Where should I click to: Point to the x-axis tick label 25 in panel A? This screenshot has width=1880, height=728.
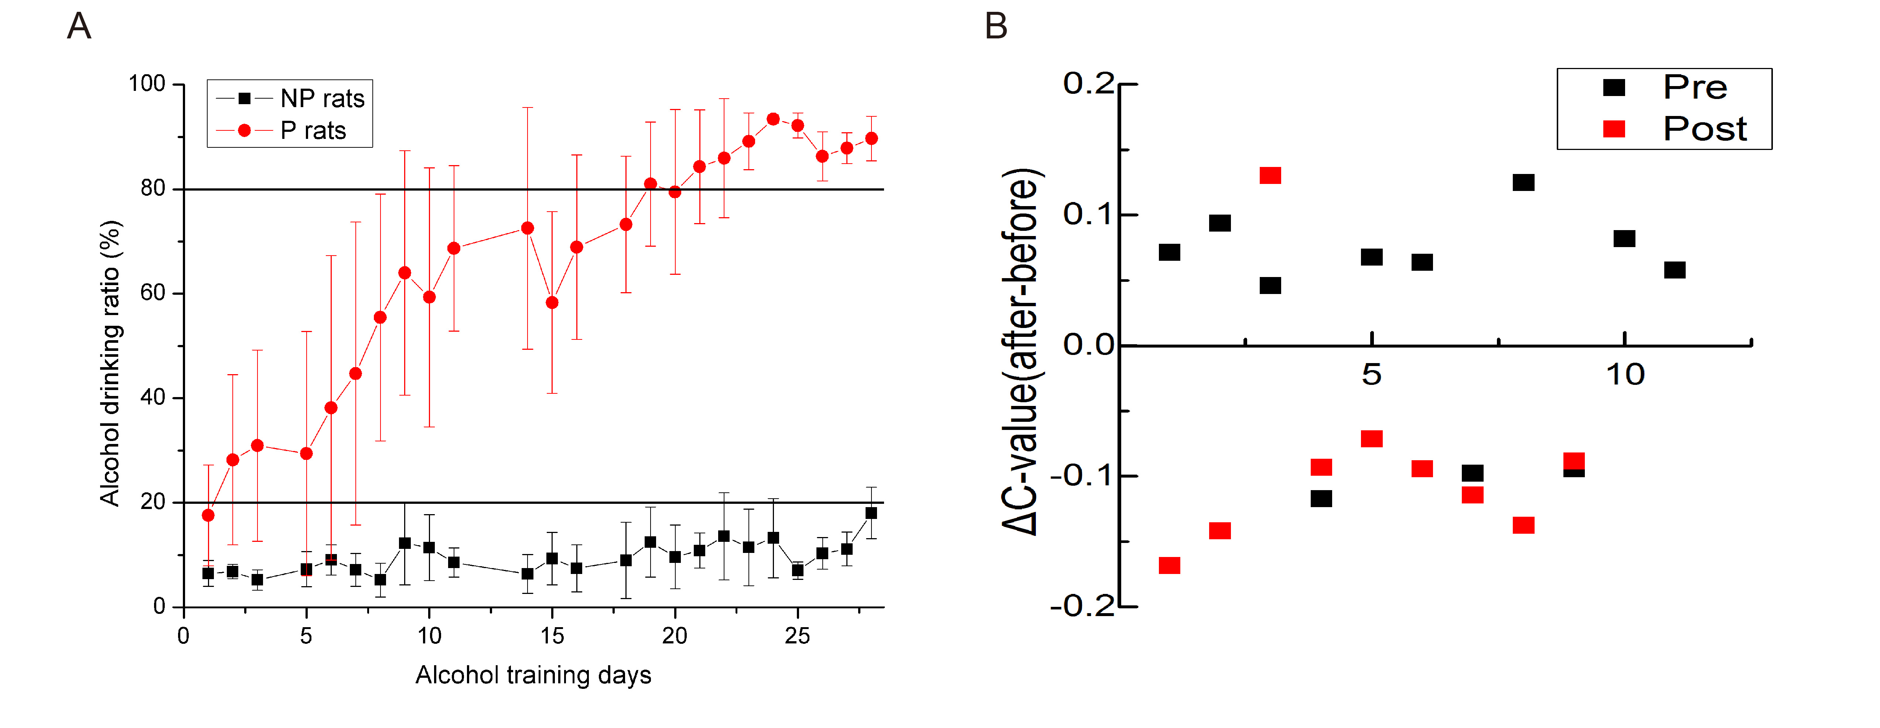pos(797,636)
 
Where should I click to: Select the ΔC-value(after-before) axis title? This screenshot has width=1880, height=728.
pos(1022,352)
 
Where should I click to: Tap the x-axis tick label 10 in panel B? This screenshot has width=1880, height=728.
pos(1625,375)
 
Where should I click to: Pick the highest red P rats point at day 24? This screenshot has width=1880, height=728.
pos(773,119)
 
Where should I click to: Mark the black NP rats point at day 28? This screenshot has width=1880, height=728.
pos(871,513)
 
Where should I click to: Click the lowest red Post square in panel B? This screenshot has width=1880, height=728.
pos(1169,565)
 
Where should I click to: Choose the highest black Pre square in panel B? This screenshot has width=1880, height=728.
pos(1523,182)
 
